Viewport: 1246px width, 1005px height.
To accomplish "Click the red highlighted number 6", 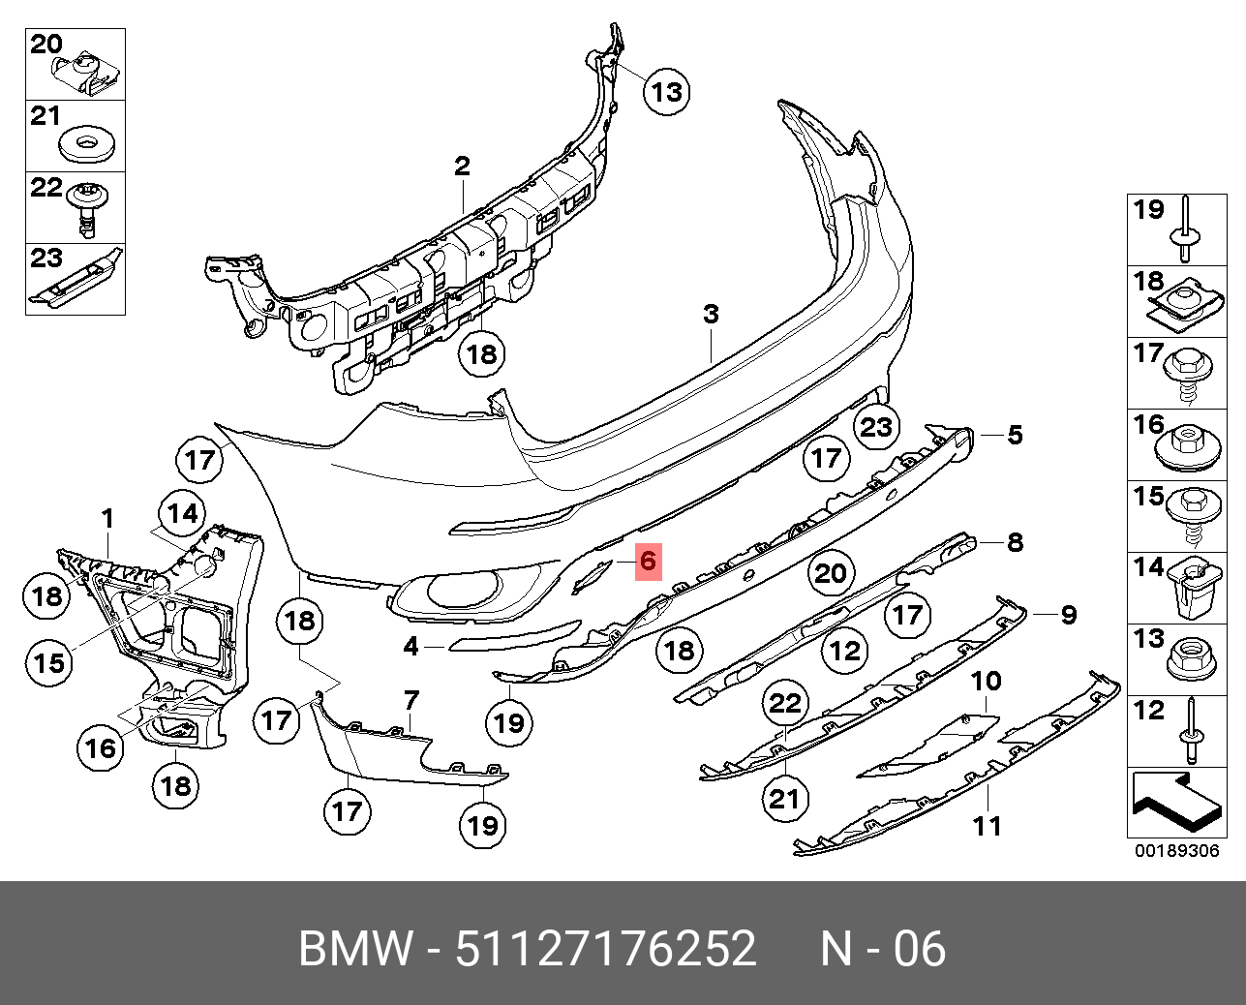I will (648, 561).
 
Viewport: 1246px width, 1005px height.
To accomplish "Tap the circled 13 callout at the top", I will (666, 92).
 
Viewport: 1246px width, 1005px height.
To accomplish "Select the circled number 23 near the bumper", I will (876, 426).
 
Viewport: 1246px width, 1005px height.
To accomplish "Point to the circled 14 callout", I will (184, 514).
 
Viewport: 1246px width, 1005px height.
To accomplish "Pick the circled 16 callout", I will (101, 746).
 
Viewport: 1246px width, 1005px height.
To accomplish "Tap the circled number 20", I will (831, 574).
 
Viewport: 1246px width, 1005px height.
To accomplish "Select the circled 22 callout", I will (784, 704).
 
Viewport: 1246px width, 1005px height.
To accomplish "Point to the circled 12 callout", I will (845, 651).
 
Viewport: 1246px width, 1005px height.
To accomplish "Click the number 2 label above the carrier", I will (462, 167).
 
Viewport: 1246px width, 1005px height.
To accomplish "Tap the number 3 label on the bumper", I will (711, 314).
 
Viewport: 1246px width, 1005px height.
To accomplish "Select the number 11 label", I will (987, 826).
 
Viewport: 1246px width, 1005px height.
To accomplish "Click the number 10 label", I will (986, 682).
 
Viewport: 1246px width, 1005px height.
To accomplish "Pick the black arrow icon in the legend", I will (1173, 802).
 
